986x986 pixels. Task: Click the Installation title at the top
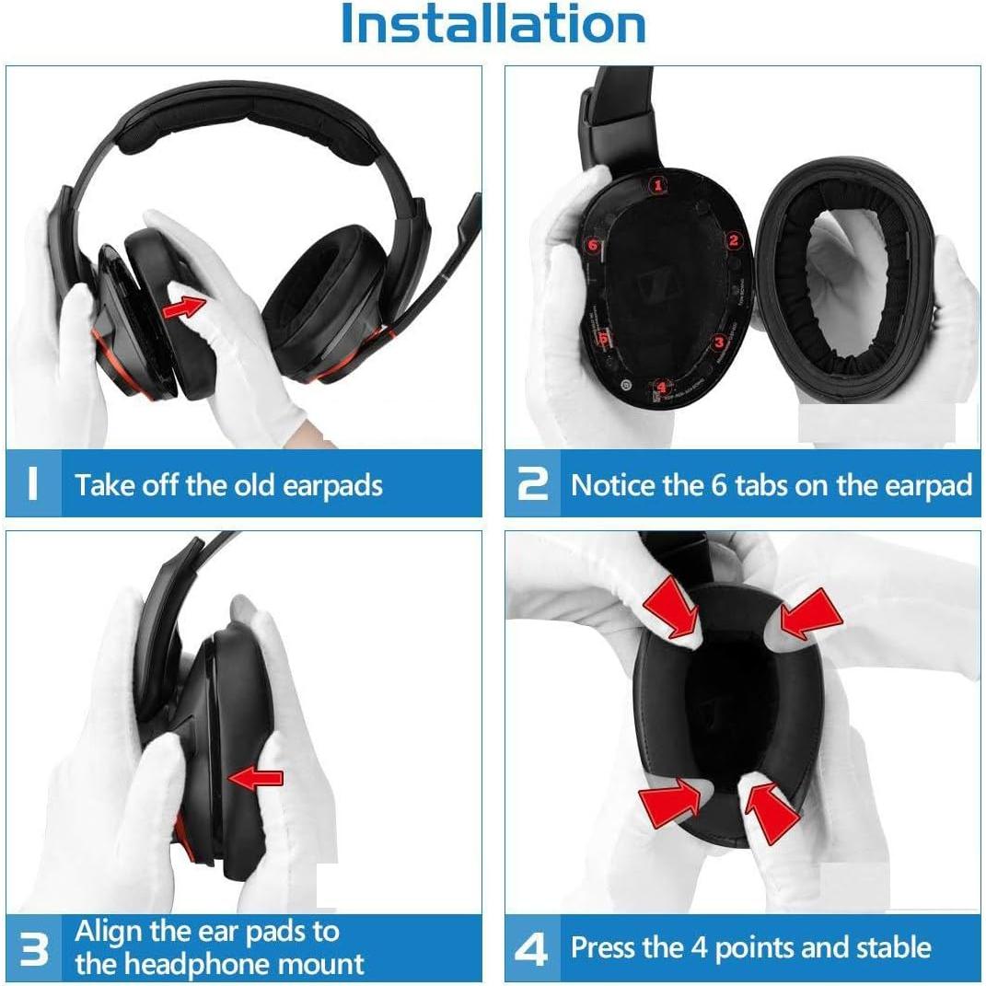[493, 25]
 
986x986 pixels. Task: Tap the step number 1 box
[33, 484]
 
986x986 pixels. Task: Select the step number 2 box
[533, 484]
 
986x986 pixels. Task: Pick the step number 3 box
[33, 949]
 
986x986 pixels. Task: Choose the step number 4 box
[531, 949]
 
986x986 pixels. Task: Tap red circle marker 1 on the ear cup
[657, 185]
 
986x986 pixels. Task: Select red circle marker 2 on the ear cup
[734, 241]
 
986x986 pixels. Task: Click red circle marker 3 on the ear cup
[719, 342]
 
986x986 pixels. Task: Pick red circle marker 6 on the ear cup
[593, 246]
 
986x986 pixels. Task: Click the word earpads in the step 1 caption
[332, 485]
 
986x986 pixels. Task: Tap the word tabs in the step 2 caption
[764, 485]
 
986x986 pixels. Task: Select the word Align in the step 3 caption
[109, 931]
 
